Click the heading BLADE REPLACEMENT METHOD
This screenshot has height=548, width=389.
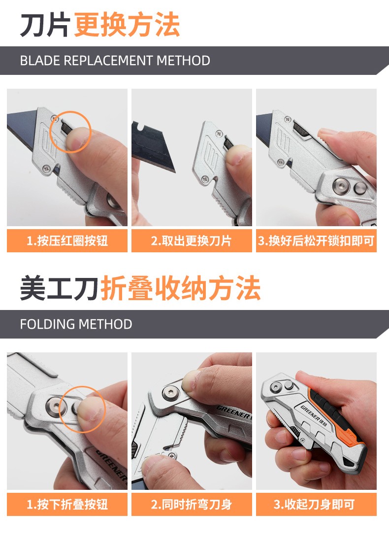(115, 61)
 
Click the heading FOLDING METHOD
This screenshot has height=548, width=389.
(76, 324)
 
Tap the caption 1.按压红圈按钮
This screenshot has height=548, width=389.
(67, 241)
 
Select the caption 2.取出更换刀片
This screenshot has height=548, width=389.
(192, 241)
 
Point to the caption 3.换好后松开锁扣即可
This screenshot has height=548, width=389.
(316, 241)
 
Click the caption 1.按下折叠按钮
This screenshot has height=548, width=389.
(67, 504)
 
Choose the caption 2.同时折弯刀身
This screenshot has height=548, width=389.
(192, 504)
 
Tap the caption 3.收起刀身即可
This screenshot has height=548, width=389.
(314, 504)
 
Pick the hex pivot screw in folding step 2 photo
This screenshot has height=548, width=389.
(170, 392)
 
